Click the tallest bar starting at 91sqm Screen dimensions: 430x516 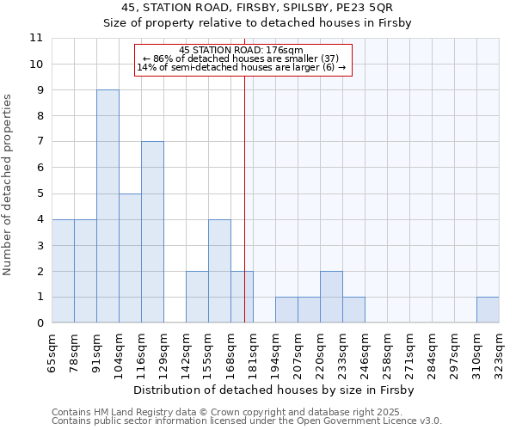coord(107,206)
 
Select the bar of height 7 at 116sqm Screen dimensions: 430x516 coord(152,232)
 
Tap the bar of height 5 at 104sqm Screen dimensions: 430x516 coord(130,258)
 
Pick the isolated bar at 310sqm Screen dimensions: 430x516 coord(488,310)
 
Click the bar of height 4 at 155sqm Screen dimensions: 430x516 coord(219,271)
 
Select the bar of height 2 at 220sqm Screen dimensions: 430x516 coord(331,297)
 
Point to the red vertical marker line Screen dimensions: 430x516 coord(244,198)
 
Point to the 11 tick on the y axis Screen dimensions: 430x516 coord(36,38)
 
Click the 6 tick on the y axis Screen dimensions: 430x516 coord(40,168)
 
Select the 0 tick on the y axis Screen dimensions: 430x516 coord(40,323)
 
